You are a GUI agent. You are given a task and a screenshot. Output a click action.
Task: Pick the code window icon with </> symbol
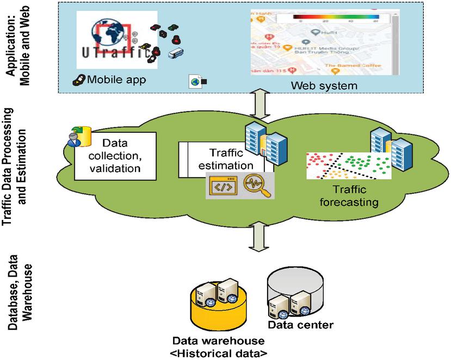[222, 186]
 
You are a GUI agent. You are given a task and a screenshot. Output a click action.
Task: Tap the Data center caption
[300, 326]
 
